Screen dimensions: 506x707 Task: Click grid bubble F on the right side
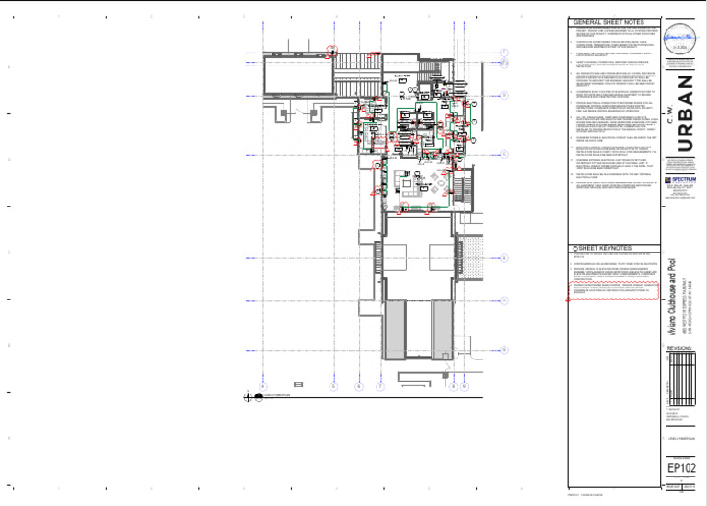point(504,52)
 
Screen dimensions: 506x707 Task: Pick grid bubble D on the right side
point(504,95)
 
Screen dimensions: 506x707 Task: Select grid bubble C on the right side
point(504,155)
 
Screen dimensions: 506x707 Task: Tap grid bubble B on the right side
point(504,259)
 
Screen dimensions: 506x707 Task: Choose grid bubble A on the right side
point(504,300)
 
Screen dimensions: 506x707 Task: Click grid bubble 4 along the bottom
point(263,386)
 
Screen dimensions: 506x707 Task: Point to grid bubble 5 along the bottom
point(333,386)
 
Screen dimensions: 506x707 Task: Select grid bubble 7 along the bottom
point(379,386)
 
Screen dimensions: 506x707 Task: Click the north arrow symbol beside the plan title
point(249,398)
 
